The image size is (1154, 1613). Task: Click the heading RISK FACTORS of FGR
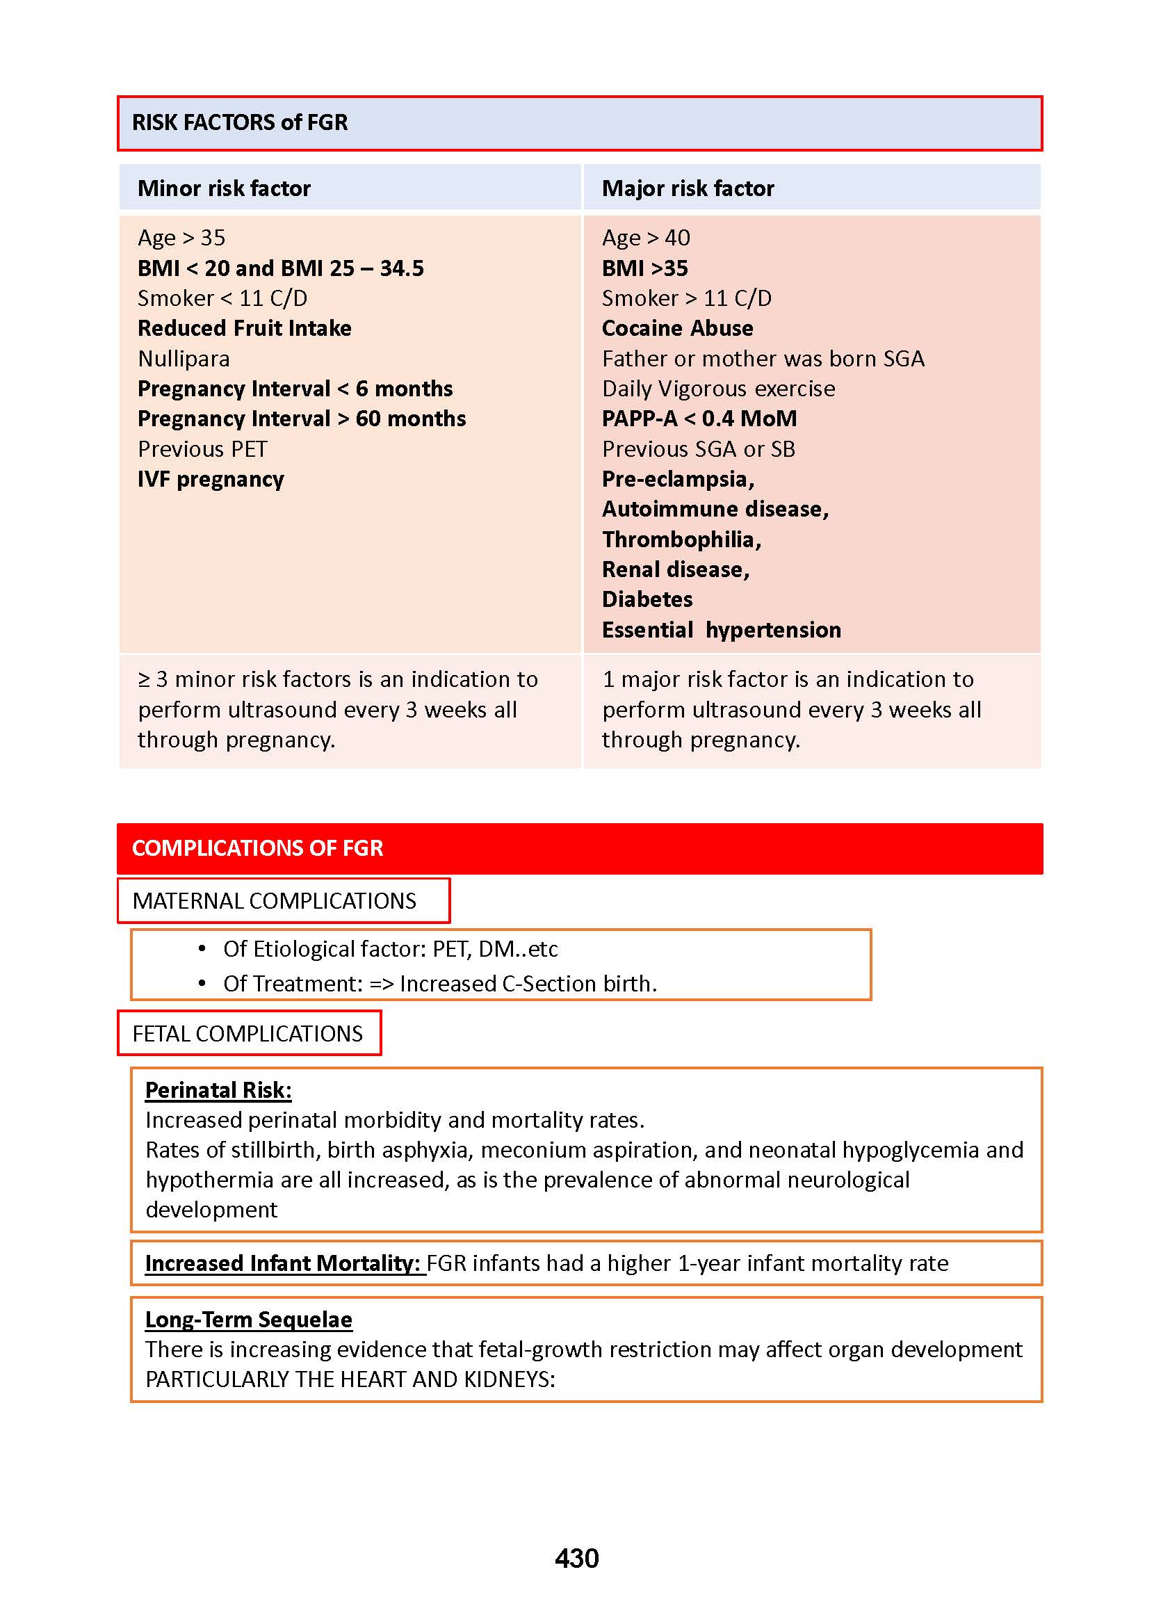[239, 122]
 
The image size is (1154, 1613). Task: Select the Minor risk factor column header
[224, 188]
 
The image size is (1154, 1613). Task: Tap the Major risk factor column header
[687, 188]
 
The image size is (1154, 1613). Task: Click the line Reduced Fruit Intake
[244, 328]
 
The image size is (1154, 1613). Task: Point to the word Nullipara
[184, 359]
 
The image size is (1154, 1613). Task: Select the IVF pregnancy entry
[211, 480]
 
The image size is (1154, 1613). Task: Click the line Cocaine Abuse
[677, 328]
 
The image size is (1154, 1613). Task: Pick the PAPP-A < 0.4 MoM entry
[699, 419]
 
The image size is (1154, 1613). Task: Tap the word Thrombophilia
[681, 540]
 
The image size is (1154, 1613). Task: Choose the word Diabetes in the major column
[647, 600]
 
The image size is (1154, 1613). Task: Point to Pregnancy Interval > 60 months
[301, 419]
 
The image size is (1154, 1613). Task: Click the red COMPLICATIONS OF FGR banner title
[257, 848]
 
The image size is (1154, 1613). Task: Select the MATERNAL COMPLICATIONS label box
[283, 901]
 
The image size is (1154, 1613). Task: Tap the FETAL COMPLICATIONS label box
[248, 1034]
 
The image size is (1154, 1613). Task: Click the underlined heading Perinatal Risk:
[218, 1090]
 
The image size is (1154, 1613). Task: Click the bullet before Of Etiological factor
[202, 948]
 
